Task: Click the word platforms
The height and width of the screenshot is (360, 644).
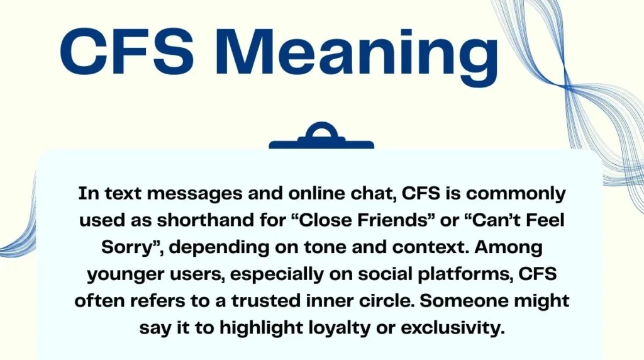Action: click(x=453, y=274)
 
